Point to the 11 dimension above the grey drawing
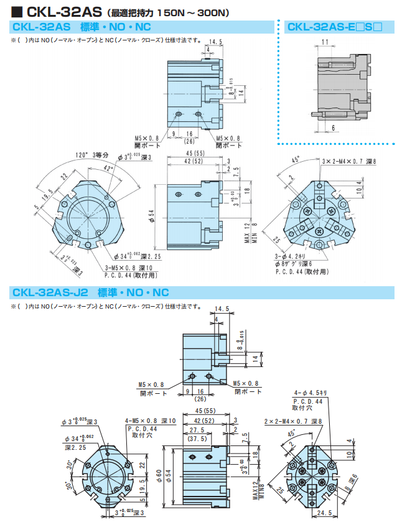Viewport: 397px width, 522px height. tap(325, 42)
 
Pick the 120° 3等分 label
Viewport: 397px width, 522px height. tap(92, 155)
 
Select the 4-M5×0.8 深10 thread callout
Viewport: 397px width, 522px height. tap(152, 421)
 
